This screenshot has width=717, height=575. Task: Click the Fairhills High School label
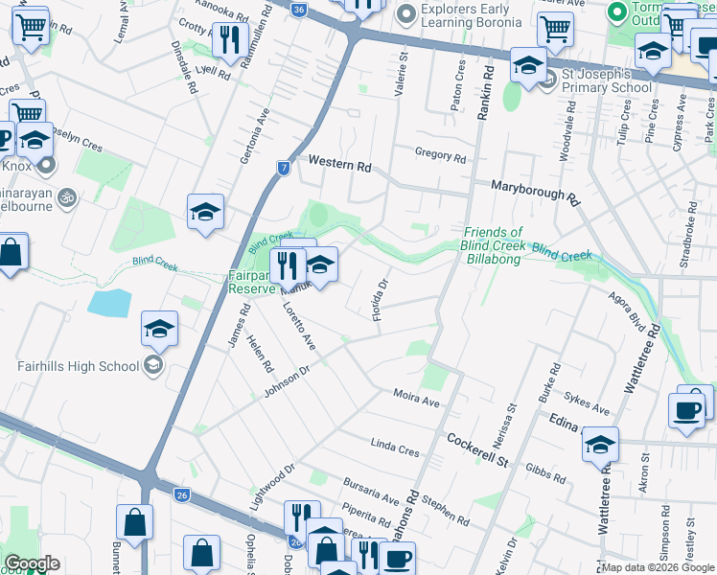[78, 365]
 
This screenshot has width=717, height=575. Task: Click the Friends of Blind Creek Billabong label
[492, 239]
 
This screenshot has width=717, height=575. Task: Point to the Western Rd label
[338, 166]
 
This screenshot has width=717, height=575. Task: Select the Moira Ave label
[416, 397]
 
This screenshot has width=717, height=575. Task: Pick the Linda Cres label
[395, 447]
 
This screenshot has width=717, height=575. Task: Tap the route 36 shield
[299, 10]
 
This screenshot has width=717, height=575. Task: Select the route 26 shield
[182, 494]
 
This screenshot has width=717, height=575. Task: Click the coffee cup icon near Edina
[686, 409]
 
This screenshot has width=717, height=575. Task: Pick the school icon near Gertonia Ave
[205, 212]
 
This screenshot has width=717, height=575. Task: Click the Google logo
[32, 563]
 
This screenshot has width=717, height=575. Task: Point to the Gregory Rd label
[440, 156]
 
